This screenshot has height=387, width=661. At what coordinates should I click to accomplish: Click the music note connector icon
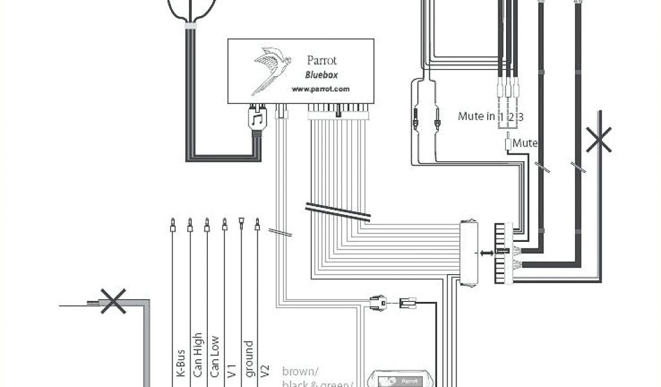257,120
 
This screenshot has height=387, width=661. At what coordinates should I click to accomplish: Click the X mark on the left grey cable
113,301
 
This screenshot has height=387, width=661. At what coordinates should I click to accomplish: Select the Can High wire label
198,357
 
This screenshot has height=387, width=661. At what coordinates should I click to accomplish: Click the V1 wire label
231,369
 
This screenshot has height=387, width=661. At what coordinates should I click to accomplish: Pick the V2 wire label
265,369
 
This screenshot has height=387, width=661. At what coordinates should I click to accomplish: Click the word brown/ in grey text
300,372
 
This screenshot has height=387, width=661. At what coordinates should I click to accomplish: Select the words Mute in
476,117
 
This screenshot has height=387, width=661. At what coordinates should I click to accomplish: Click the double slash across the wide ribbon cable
338,213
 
